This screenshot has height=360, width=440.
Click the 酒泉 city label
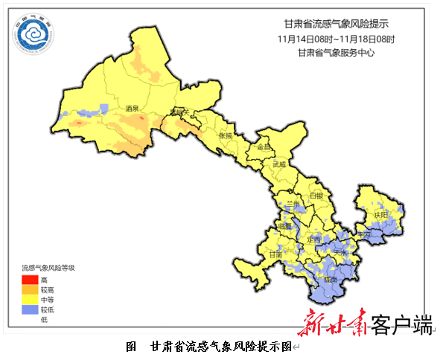tap(133, 109)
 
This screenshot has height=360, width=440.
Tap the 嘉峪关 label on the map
tap(179, 112)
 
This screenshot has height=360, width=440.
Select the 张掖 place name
tap(226, 136)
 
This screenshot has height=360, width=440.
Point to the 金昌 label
tap(264, 147)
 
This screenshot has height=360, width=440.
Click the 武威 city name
tap(279, 164)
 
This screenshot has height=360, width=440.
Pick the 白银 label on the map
tap(316, 196)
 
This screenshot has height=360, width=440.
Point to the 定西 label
tap(313, 240)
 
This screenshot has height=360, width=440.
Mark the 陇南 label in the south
tap(331, 280)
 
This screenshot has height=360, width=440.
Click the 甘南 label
tap(275, 254)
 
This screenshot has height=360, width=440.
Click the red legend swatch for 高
tap(28, 279)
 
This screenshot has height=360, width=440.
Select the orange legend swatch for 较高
tap(28, 289)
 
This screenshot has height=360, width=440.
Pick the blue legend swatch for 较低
tap(28, 309)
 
